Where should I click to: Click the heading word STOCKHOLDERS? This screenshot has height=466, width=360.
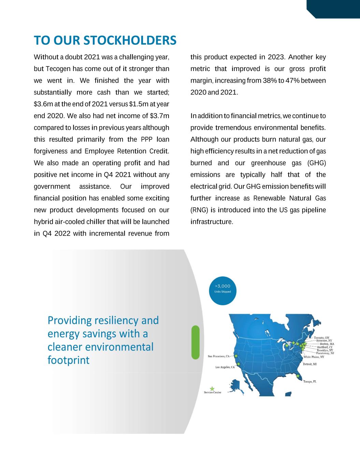coord(130,40)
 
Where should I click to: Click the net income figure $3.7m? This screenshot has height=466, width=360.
coord(160,116)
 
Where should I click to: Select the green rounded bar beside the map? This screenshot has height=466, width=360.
coord(196,342)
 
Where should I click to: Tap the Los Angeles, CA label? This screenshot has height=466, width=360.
coord(225,368)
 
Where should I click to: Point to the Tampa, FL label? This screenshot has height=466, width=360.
coord(310,382)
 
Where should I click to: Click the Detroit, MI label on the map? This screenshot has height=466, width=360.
coord(310,364)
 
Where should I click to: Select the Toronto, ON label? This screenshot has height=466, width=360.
coord(321,338)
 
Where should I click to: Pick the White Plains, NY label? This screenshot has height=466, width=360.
coord(314,357)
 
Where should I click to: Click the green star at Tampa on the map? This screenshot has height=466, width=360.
coord(298,376)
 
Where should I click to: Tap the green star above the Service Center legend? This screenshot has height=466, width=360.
coord(212,389)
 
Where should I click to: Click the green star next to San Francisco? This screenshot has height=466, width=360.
coord(236,356)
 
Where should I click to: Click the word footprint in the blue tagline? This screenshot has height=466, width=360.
coord(68,360)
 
